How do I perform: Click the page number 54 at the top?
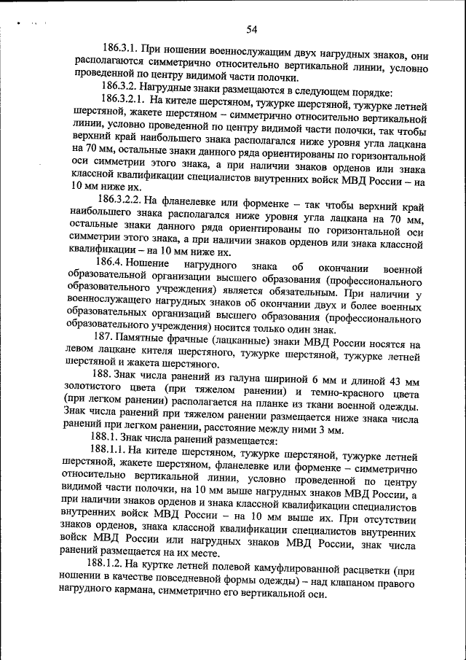point(252,29)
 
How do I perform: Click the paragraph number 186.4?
point(108,261)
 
